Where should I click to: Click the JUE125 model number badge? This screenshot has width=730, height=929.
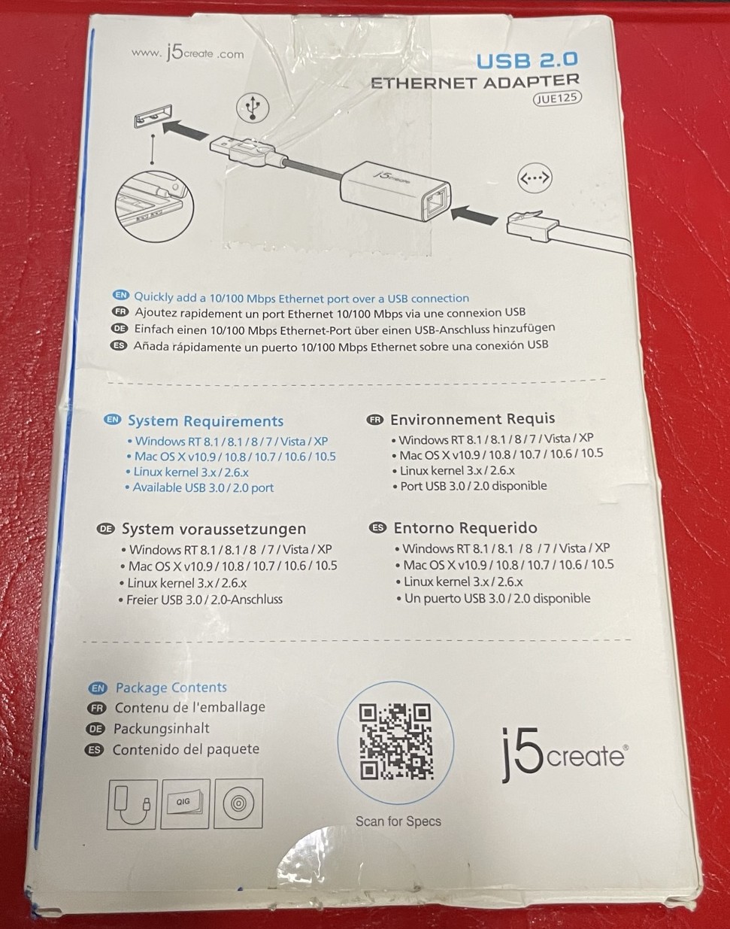coord(556,99)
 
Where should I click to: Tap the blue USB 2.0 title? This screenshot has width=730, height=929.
coord(527,60)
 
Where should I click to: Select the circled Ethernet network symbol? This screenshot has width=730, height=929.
coord(535,177)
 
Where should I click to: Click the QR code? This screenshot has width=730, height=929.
coord(396,742)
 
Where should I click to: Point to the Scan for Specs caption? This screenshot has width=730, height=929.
coord(398,821)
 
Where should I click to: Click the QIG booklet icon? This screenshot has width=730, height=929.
coord(185,804)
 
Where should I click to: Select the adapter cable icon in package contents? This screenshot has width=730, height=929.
coord(132,804)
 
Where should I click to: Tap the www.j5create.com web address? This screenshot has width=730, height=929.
coord(188,53)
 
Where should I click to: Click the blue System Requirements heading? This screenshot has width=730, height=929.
coord(205,421)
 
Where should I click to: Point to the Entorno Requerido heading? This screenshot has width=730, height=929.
coord(465,527)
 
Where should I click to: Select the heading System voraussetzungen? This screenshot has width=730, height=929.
coord(214,529)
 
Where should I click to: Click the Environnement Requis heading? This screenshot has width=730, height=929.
coord(472,419)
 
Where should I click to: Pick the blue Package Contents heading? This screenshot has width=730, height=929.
coord(171,688)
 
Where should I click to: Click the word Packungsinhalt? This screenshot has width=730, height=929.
coord(162,729)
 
